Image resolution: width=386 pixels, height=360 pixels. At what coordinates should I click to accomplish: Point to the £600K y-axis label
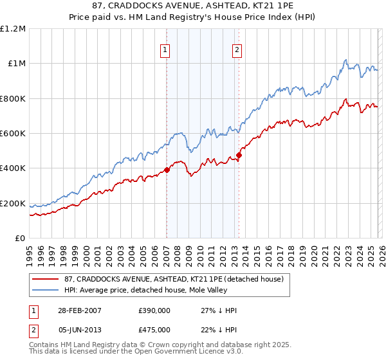13,134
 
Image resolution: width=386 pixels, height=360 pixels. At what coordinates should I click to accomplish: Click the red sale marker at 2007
167,170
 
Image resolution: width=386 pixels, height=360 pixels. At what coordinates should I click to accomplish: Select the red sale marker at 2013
238,155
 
